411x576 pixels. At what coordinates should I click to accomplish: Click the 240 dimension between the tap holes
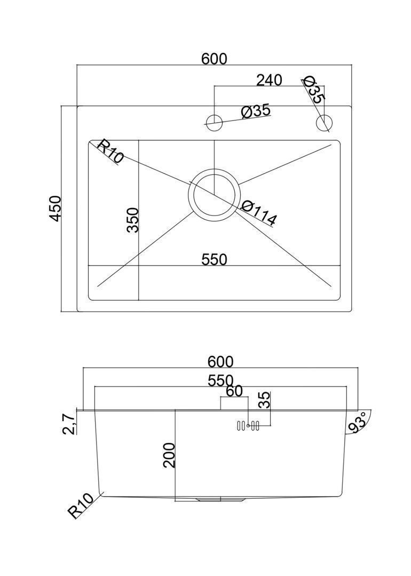coord(269,80)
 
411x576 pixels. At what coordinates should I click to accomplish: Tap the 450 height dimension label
coord(55,209)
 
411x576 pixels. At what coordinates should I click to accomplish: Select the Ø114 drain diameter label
coord(258,213)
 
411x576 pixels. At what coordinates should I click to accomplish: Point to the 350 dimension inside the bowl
coord(132,220)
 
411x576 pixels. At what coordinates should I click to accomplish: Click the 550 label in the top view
coord(215,260)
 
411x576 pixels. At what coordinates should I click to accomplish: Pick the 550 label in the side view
coord(220,381)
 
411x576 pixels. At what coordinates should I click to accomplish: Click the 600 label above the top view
coord(215,59)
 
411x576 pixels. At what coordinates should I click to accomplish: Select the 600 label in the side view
coord(220,362)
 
